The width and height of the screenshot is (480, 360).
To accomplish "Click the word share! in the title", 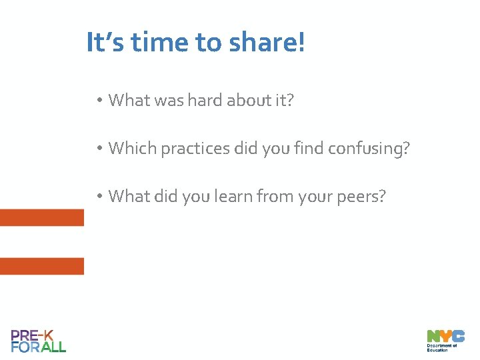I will (x=267, y=43).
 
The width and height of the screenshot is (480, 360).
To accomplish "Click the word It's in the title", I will (x=106, y=43).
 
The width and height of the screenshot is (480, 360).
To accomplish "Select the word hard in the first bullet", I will (x=205, y=100).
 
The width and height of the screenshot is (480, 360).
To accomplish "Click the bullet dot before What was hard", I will (x=98, y=101).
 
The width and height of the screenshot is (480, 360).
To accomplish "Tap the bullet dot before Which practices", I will (x=98, y=149).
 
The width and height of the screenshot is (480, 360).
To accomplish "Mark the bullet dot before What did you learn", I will (x=98, y=197).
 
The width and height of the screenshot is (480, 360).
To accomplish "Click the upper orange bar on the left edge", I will (x=41, y=218).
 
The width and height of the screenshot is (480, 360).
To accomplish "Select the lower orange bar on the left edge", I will (x=41, y=266).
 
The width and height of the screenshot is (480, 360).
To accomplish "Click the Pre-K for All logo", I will (x=38, y=341).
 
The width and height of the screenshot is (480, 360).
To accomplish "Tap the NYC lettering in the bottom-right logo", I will (x=445, y=336).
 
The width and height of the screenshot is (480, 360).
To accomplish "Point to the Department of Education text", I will (x=442, y=348).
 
